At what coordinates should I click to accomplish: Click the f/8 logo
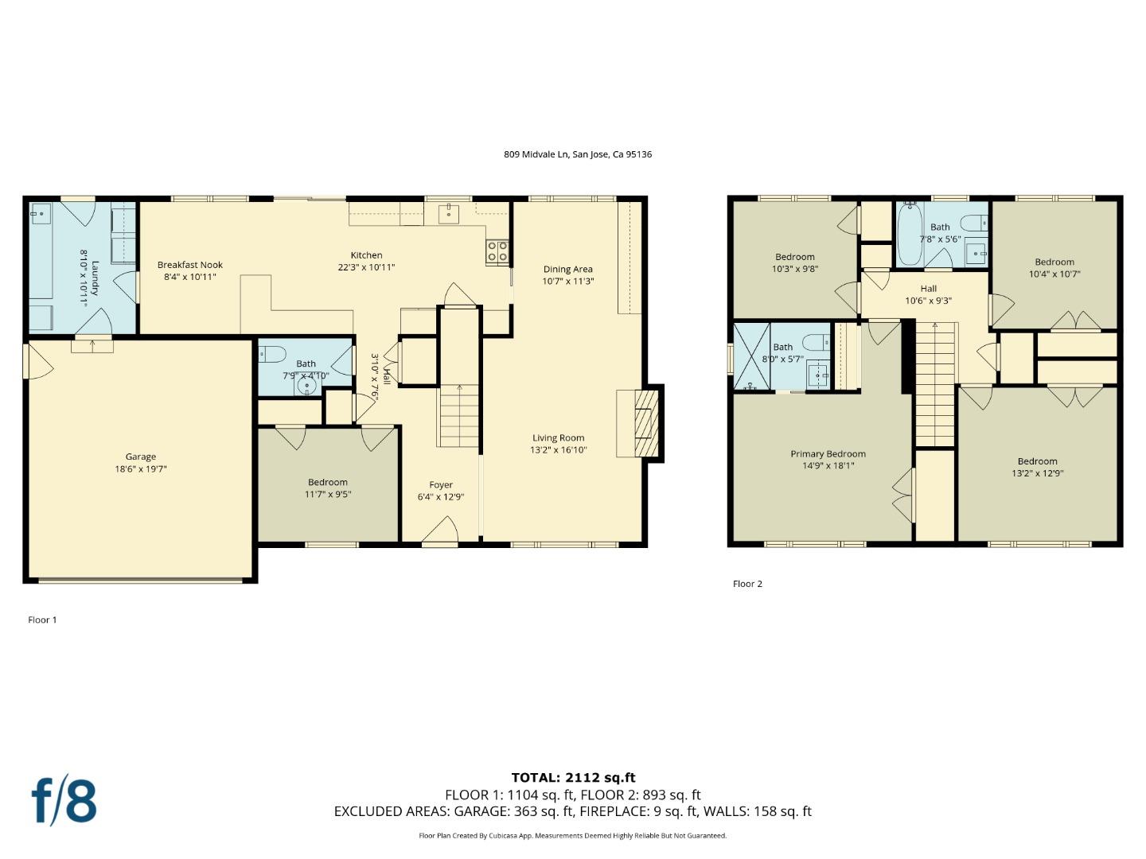(64, 801)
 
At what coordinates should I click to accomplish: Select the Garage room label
(140, 457)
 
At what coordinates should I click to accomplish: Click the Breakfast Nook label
(189, 265)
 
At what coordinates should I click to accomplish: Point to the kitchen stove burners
(497, 251)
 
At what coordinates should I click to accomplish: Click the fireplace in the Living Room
(641, 423)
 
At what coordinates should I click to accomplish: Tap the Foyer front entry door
(440, 533)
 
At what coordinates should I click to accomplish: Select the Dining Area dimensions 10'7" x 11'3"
(568, 281)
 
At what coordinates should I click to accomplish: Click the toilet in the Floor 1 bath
(273, 354)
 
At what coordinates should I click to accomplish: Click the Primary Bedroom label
(828, 454)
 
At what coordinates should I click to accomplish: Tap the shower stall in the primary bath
(751, 356)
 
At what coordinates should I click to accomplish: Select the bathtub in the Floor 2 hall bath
(910, 235)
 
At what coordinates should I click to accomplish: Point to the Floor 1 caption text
(42, 620)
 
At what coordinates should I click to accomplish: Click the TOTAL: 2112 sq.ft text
(573, 778)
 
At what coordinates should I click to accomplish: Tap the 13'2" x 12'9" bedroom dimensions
(1037, 473)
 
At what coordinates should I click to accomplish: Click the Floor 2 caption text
(747, 584)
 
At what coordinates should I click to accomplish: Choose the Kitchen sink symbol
(449, 213)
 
